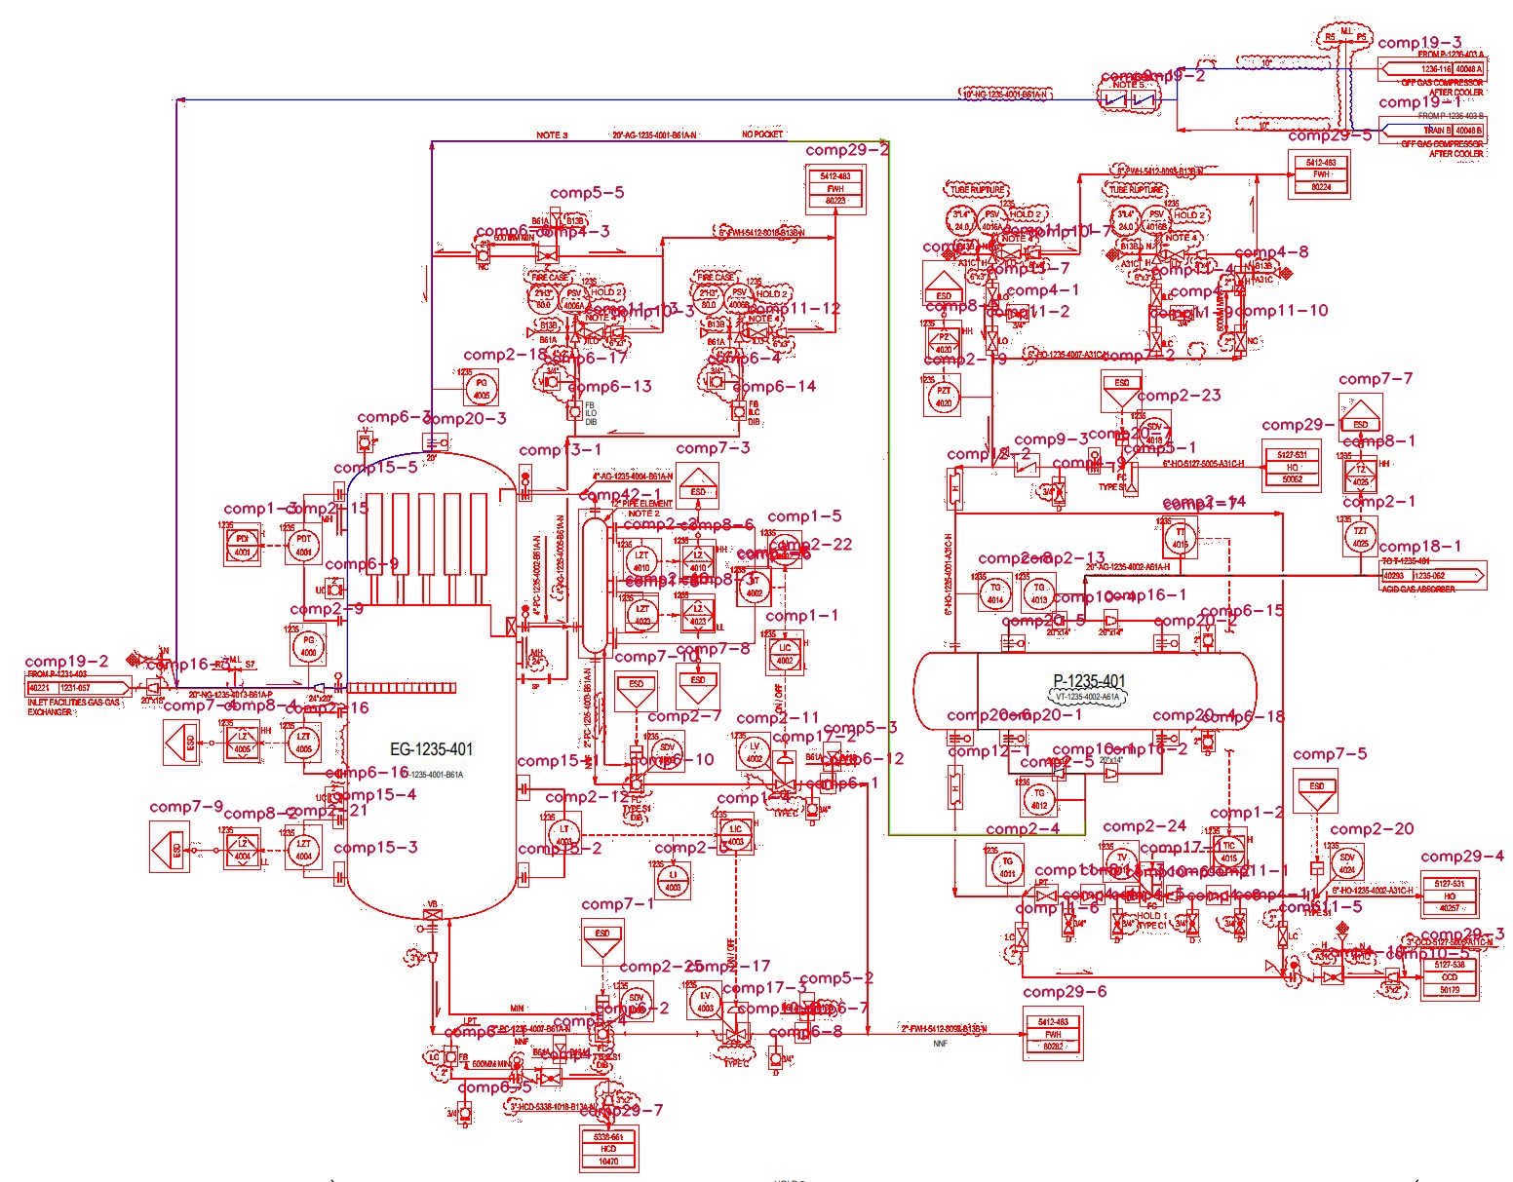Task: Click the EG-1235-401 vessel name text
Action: pos(431,749)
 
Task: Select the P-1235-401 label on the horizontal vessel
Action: pos(1089,681)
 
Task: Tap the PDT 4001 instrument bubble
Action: pos(303,546)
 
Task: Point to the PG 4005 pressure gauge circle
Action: pos(481,390)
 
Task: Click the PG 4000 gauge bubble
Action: pos(308,646)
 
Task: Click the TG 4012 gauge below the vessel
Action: pos(1039,800)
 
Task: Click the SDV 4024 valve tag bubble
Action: pos(1346,863)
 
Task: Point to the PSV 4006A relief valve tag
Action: pos(573,298)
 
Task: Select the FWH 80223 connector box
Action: pos(834,189)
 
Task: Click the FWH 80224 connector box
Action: pos(1320,174)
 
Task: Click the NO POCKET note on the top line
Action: pos(762,134)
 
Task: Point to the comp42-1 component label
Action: pos(616,495)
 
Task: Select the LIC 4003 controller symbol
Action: pos(735,835)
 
